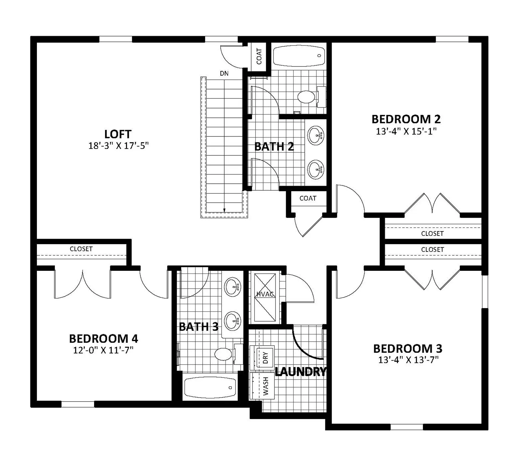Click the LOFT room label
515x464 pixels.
(x=118, y=134)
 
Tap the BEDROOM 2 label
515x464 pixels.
(x=406, y=119)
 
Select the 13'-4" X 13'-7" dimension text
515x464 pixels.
(x=408, y=360)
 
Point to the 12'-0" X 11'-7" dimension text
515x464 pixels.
(x=103, y=350)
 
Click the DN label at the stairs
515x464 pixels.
(x=224, y=73)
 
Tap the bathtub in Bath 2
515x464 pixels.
(x=299, y=56)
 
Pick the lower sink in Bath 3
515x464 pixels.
(x=233, y=321)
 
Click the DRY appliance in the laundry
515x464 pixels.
(x=262, y=358)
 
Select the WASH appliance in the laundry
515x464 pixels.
(x=262, y=386)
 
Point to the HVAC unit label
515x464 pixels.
(x=265, y=294)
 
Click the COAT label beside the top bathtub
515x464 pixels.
(x=259, y=56)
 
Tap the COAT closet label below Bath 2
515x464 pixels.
(x=308, y=198)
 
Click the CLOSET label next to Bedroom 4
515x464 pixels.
(x=81, y=249)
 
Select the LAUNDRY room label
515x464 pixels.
(x=300, y=372)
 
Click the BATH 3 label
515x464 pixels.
(x=199, y=327)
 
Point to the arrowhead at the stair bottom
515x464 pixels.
(x=224, y=210)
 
